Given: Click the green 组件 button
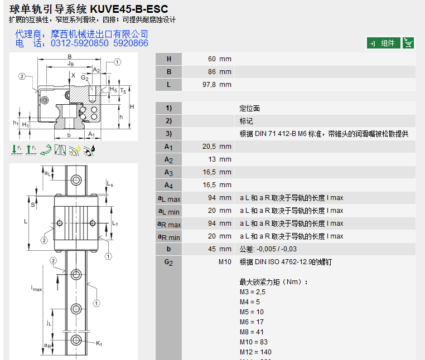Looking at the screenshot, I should point(383,43).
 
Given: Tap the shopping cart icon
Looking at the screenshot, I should point(408,43).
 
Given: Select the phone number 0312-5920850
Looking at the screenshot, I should point(80,43).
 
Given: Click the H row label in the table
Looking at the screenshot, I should point(169,59).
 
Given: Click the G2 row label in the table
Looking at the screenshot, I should point(169,262).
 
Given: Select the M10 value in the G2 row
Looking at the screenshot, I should point(224,262).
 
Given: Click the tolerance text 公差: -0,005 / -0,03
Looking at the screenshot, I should point(269,249).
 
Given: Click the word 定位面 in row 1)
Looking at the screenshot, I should point(249,108).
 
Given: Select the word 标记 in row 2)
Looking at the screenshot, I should point(246,121).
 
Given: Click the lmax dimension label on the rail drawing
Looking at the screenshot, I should point(36,289).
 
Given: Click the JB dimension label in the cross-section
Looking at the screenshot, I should point(70,64).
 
